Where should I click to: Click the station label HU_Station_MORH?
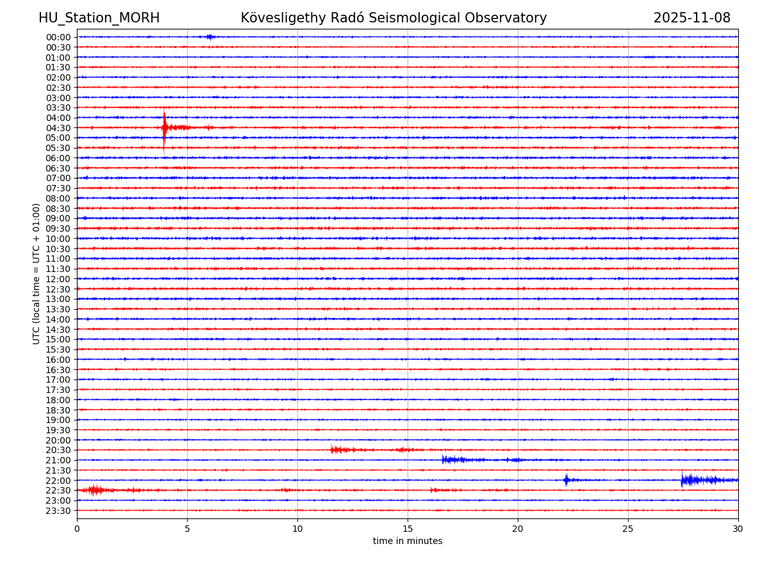(99, 18)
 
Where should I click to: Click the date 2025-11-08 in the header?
(691, 18)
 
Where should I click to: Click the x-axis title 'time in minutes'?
(408, 541)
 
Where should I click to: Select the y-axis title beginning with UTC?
(37, 273)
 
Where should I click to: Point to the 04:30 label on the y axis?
(58, 128)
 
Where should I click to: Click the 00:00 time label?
(58, 37)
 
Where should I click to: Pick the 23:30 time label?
(58, 511)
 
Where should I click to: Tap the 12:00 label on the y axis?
(58, 279)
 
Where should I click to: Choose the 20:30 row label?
(58, 451)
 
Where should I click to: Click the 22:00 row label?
(58, 481)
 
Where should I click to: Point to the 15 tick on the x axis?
(408, 529)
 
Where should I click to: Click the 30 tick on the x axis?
(738, 529)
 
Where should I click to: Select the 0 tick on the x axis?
(77, 529)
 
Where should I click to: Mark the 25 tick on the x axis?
(628, 529)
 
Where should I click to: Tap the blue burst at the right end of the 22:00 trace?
(702, 480)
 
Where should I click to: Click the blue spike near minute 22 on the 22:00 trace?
(566, 480)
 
